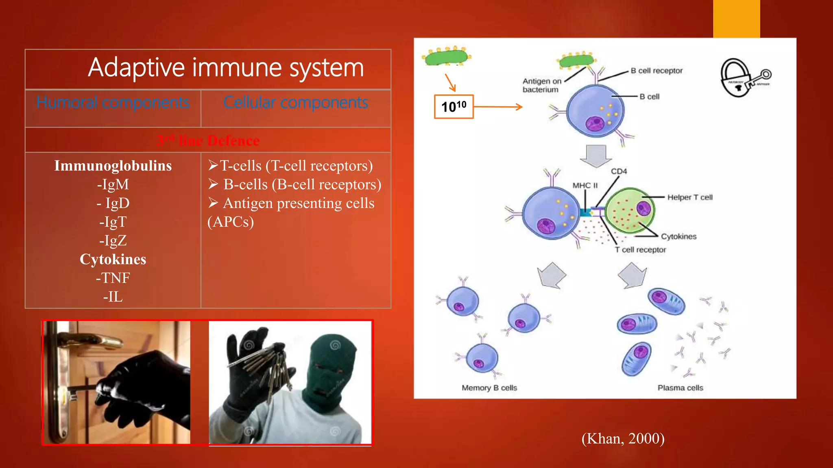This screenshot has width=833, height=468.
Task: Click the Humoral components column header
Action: [113, 102]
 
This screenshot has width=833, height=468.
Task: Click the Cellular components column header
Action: [296, 102]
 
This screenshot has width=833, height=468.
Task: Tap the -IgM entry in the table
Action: [113, 184]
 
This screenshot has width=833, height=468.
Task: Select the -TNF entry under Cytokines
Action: [113, 278]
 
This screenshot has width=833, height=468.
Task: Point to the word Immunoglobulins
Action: [113, 166]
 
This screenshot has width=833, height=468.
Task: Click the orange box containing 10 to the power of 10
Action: [454, 107]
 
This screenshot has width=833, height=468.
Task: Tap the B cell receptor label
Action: [656, 71]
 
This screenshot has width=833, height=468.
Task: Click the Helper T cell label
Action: [689, 197]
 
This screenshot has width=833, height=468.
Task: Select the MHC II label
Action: [585, 186]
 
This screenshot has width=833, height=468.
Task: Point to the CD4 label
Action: [619, 171]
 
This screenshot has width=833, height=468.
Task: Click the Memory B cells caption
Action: [489, 388]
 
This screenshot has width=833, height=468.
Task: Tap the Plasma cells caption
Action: [680, 388]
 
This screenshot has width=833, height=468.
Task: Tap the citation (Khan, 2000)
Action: [623, 439]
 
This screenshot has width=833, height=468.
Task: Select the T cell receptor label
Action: [640, 250]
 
